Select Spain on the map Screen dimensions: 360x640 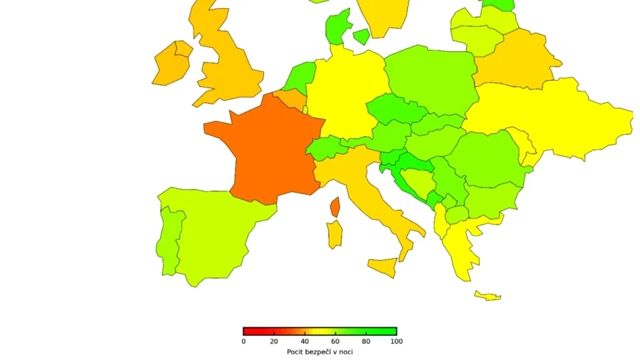217,233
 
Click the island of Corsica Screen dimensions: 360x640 335,207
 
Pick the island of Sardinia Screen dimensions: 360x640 334,235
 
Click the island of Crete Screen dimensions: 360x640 487,295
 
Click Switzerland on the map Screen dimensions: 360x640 327,147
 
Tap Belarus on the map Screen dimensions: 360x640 517,60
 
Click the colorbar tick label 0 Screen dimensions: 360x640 243,341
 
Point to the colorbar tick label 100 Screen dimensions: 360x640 397,341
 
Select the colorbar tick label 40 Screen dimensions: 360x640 305,341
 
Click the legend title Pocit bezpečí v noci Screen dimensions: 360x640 320,351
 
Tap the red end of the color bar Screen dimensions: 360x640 247,331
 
